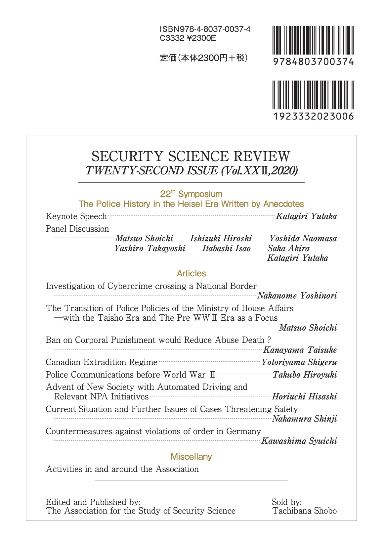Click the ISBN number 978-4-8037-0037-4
coord(205,29)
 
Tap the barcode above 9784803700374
coord(313,40)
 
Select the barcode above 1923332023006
coord(313,95)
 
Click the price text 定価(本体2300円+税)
coord(204,58)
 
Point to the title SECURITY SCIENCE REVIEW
coord(191,157)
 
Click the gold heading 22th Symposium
coord(191,194)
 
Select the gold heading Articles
coord(191,273)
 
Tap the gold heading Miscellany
coord(191,457)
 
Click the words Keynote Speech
coord(76,216)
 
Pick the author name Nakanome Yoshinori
coord(297,296)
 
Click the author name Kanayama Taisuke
coord(300,350)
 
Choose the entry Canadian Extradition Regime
coord(102,362)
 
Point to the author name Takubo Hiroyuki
coord(305,375)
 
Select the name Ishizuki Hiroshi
coord(221,239)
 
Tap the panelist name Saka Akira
coord(288,248)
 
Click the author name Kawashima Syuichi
coord(299,441)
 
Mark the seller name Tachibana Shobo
coord(305,511)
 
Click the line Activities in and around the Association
coord(122,469)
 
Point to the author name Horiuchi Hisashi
coord(304,396)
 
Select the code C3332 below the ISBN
coord(172,38)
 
